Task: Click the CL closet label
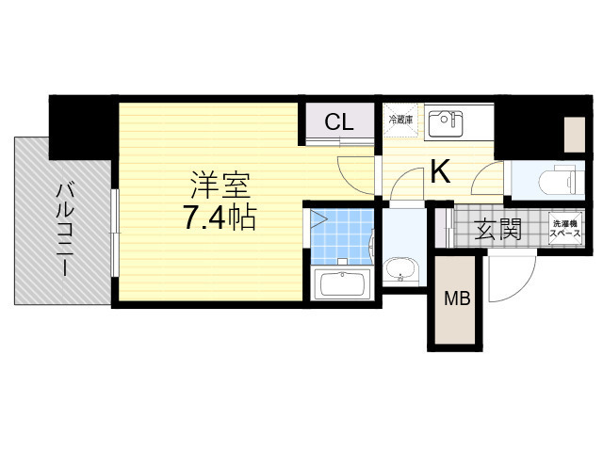[x=339, y=122]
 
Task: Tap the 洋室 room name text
[x=220, y=186]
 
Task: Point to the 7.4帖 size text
[x=220, y=218]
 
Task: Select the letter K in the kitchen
[x=440, y=172]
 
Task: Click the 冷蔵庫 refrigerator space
[x=401, y=120]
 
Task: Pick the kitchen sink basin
[x=446, y=123]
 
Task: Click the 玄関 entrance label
[x=497, y=230]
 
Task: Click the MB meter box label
[x=457, y=299]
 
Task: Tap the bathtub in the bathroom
[x=342, y=283]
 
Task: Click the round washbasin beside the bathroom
[x=400, y=270]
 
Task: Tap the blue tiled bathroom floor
[x=342, y=236]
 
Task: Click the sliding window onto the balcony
[x=115, y=233]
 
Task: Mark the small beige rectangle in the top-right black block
[x=575, y=135]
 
